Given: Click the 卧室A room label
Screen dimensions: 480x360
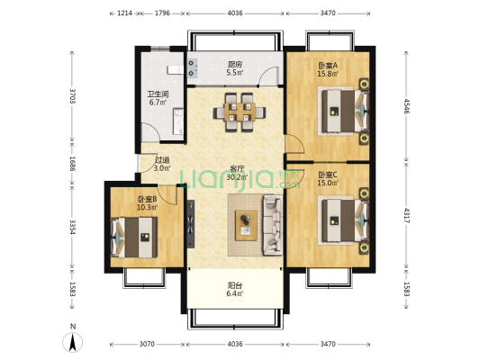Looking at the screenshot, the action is click(x=328, y=66).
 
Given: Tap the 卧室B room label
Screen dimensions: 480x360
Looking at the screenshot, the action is click(x=148, y=200).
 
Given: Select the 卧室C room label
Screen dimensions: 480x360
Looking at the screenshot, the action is click(x=328, y=175).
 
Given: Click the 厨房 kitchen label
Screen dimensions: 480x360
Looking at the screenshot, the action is click(x=235, y=65).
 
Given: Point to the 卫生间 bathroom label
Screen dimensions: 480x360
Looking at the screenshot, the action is click(x=158, y=94).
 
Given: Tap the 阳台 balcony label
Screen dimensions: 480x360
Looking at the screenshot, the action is click(x=235, y=285).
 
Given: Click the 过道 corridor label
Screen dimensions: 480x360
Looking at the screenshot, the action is click(x=162, y=160).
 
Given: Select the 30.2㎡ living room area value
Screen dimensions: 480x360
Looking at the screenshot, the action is click(x=237, y=177).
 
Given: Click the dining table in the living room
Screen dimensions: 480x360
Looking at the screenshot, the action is click(x=240, y=112).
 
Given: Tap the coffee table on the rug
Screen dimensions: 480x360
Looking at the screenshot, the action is click(x=246, y=225).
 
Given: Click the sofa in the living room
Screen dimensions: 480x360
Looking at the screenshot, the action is click(x=273, y=225).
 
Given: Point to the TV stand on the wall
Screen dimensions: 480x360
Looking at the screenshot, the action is click(x=191, y=223).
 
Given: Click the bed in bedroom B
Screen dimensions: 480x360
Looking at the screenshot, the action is click(x=134, y=238).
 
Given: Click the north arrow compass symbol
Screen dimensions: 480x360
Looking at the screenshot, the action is click(x=73, y=342).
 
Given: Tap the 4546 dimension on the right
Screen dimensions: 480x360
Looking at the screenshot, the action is click(x=406, y=106).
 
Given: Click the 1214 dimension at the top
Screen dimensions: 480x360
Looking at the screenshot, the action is click(x=125, y=13).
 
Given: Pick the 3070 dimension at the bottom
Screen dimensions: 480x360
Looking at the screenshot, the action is click(x=147, y=344).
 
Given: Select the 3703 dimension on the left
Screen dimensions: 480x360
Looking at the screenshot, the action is click(x=72, y=96).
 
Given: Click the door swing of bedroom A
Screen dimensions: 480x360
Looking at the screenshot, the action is click(x=294, y=144).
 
